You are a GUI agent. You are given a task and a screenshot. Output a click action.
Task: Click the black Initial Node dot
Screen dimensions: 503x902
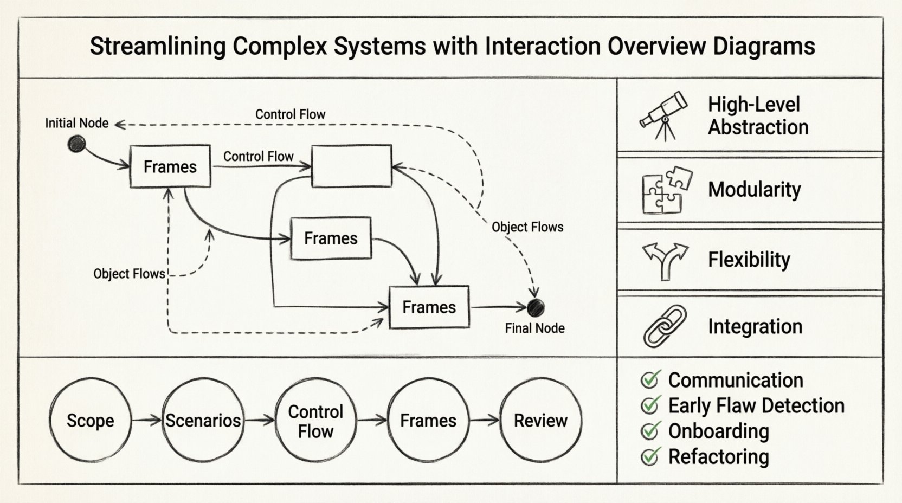tap(76, 144)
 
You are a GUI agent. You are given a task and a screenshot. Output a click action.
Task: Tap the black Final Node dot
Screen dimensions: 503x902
tap(536, 307)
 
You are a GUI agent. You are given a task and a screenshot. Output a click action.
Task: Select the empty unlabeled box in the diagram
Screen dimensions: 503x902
tap(351, 166)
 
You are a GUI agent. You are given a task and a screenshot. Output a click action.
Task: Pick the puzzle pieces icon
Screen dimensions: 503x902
tap(666, 190)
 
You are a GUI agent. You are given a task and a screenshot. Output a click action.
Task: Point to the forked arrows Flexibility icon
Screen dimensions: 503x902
tap(665, 260)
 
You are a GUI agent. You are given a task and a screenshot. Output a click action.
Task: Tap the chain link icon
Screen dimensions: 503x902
tap(665, 326)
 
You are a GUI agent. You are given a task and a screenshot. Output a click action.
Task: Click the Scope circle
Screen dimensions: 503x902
tap(90, 420)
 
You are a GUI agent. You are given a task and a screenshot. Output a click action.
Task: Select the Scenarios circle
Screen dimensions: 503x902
tap(203, 420)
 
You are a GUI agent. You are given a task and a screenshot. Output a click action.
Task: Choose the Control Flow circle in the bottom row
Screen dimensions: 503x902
tap(315, 420)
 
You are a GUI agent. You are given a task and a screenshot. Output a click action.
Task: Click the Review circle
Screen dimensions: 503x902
tap(540, 420)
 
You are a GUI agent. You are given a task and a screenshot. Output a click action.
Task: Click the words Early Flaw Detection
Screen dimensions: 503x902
tap(756, 405)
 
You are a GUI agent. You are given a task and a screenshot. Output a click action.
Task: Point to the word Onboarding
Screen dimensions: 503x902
tap(718, 431)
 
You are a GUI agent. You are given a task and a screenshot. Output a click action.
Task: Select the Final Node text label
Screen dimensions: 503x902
tap(534, 328)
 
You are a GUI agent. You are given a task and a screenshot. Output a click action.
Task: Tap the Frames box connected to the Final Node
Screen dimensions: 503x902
tap(429, 307)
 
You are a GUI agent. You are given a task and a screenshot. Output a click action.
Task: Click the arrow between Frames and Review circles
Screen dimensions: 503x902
tap(484, 420)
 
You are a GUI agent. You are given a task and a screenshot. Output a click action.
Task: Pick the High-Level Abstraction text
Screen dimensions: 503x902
tap(757, 115)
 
